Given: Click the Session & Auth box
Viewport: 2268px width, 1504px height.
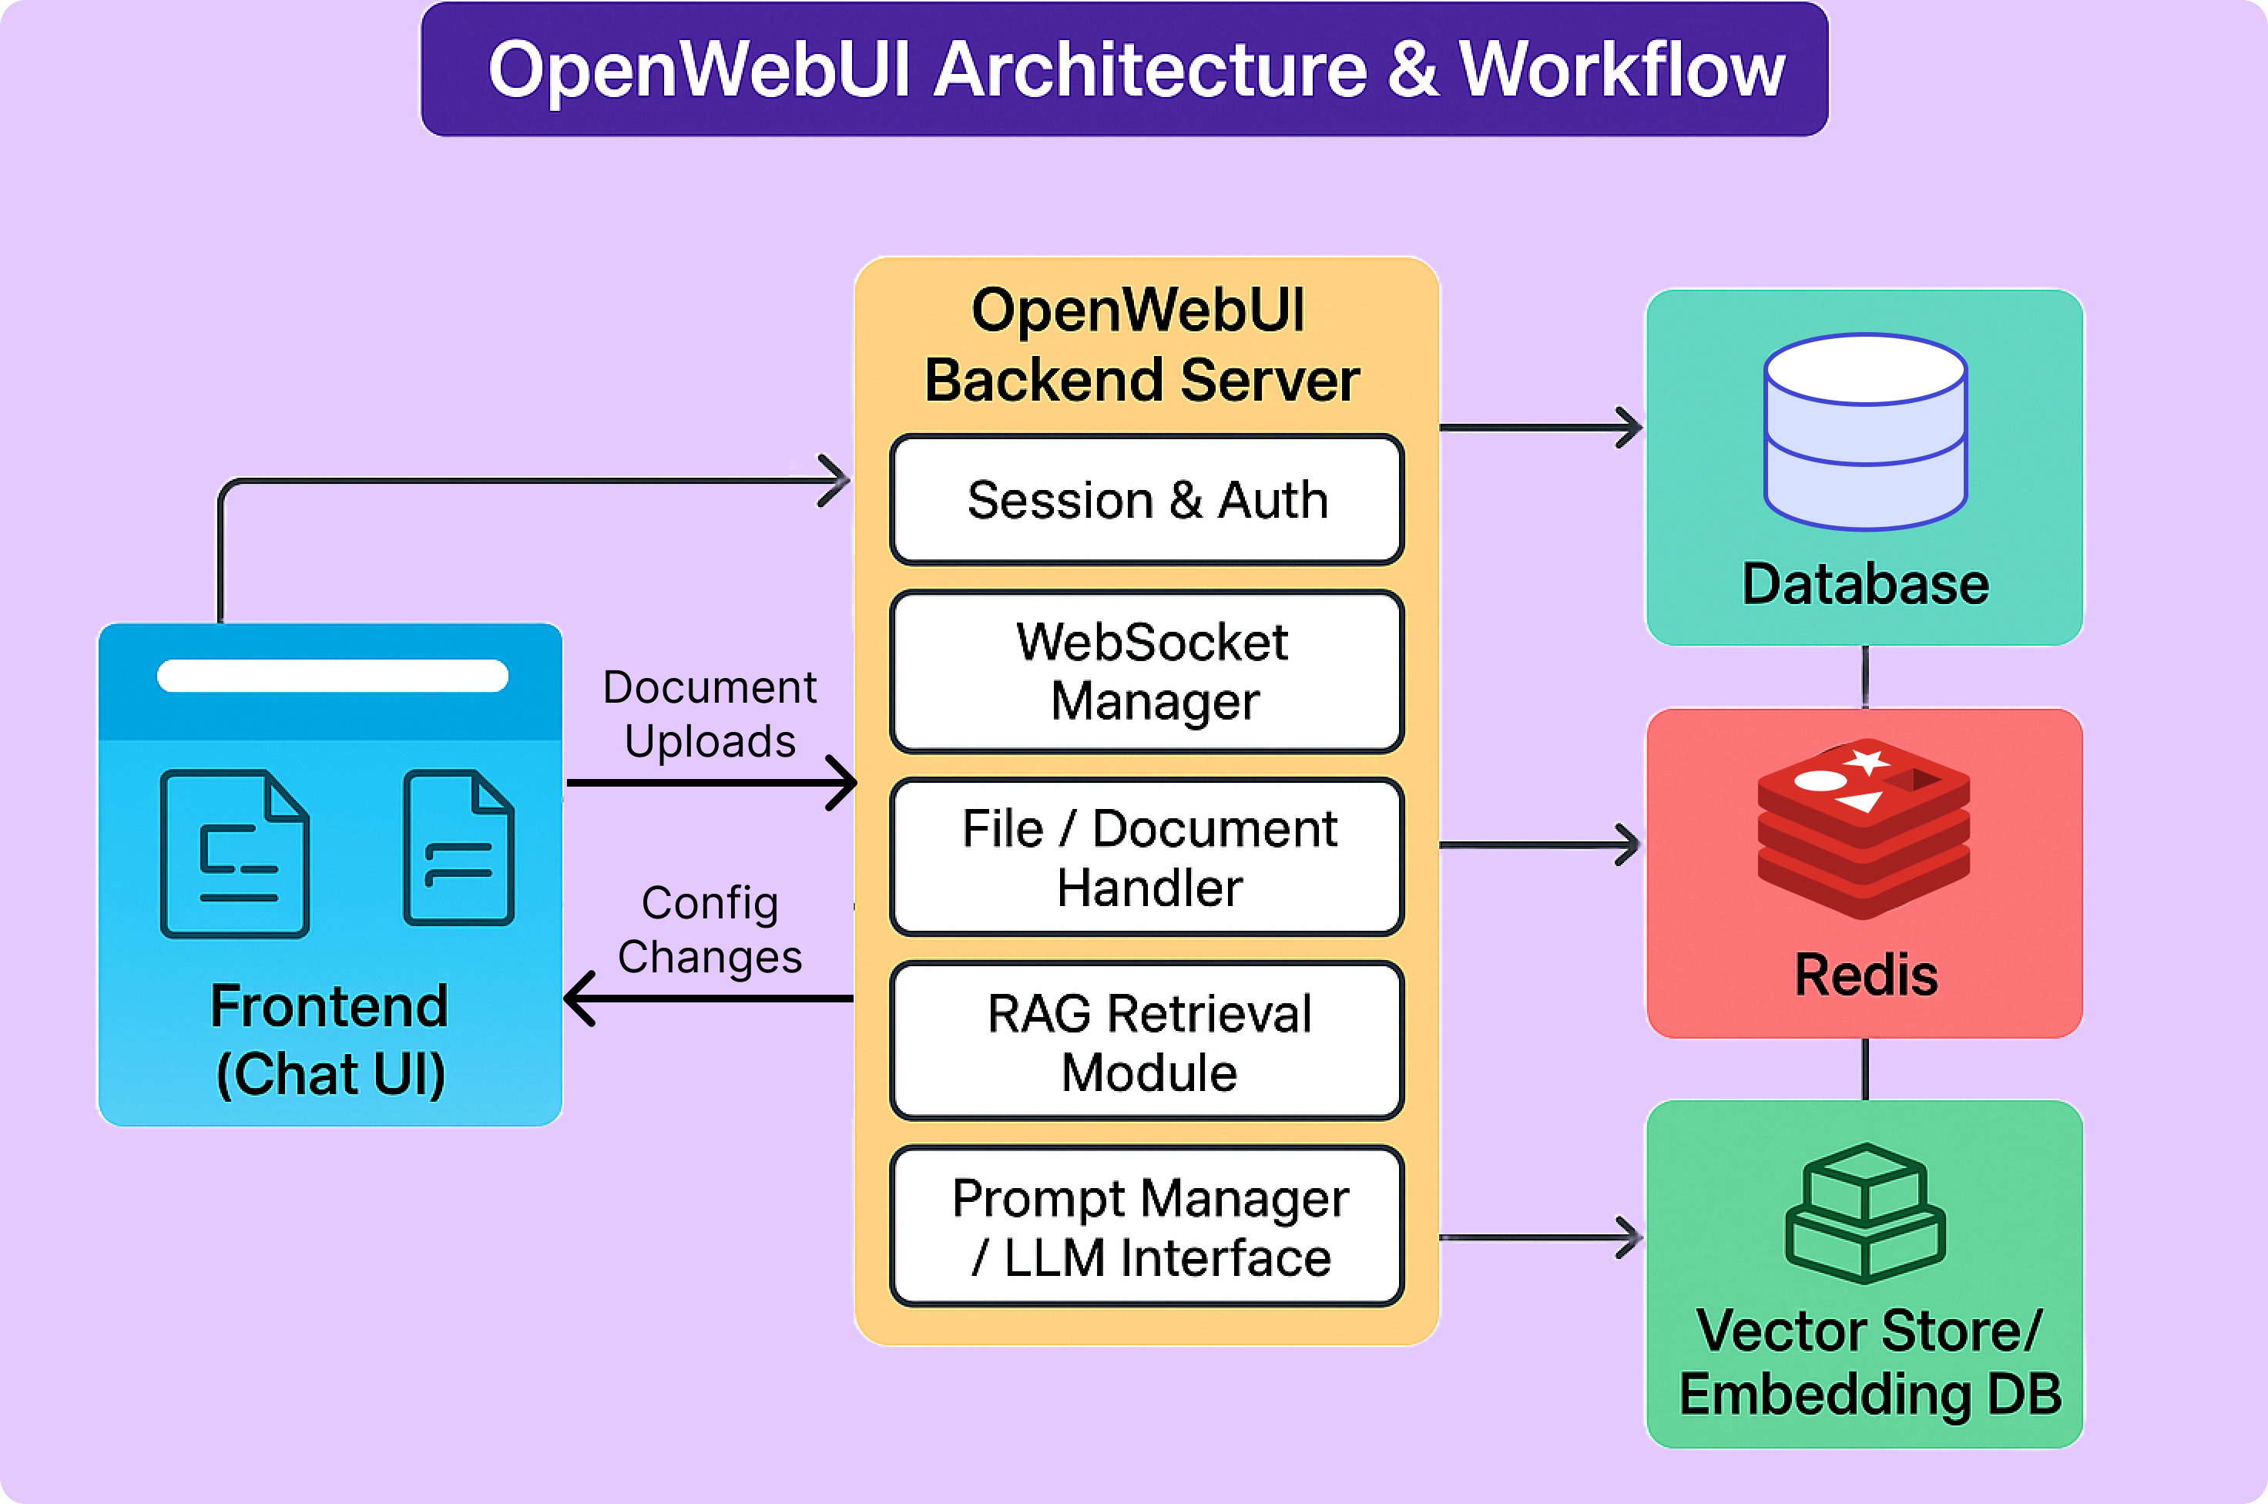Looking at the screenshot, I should click(1146, 500).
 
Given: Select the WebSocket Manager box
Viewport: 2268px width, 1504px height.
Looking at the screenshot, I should click(1146, 671).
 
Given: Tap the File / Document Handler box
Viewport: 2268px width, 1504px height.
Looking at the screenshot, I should click(1146, 857).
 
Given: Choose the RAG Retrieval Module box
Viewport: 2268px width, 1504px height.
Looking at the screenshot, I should click(1146, 1042).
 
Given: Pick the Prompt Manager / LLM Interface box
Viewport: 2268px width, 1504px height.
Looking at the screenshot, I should click(1146, 1227).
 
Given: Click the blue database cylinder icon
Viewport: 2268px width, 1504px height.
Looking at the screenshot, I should click(1865, 431).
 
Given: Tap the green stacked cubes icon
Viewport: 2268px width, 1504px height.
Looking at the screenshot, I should click(1865, 1214).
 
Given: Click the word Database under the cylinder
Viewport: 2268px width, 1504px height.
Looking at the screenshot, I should click(1865, 584).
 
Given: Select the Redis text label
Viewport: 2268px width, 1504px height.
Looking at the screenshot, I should click(1865, 975).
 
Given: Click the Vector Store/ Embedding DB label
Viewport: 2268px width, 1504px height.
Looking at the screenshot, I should click(1868, 1362).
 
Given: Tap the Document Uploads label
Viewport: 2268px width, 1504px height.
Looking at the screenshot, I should click(710, 714).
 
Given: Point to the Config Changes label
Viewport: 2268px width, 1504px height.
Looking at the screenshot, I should click(710, 929).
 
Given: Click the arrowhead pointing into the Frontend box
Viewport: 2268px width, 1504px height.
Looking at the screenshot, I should click(581, 999).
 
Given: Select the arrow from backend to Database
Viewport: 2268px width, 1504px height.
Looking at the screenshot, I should click(1540, 428).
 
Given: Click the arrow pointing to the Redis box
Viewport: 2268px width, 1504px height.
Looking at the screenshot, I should click(1540, 845).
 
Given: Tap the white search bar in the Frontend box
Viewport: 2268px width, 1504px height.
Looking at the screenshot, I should click(333, 675).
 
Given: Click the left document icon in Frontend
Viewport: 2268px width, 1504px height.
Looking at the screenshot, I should click(235, 854).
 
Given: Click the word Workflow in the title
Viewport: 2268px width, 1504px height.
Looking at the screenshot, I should click(1622, 69).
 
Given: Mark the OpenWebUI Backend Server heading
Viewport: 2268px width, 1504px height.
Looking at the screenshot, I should click(1141, 345).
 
